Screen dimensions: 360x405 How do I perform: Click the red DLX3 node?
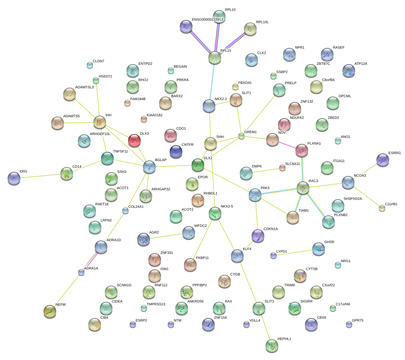(x=134, y=140)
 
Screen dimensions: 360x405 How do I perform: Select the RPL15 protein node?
(x=215, y=58)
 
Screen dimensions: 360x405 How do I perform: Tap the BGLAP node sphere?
(x=149, y=167)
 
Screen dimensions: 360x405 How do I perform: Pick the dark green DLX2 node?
(x=198, y=165)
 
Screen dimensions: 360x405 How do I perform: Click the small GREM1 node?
(x=241, y=136)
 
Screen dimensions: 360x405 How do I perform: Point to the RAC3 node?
(x=303, y=188)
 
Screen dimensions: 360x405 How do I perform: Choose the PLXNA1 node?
(x=302, y=151)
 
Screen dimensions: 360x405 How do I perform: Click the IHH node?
(x=100, y=122)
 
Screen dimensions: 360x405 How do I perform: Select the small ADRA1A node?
(x=81, y=272)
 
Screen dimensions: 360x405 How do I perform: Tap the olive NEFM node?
(x=50, y=311)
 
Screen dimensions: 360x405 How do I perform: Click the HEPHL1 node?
(x=272, y=346)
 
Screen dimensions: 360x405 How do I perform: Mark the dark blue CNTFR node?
(x=176, y=152)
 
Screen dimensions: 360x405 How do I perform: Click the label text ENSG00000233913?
(x=207, y=20)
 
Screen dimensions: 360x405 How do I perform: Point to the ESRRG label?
(x=395, y=153)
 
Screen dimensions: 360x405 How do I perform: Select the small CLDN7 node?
(x=90, y=65)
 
